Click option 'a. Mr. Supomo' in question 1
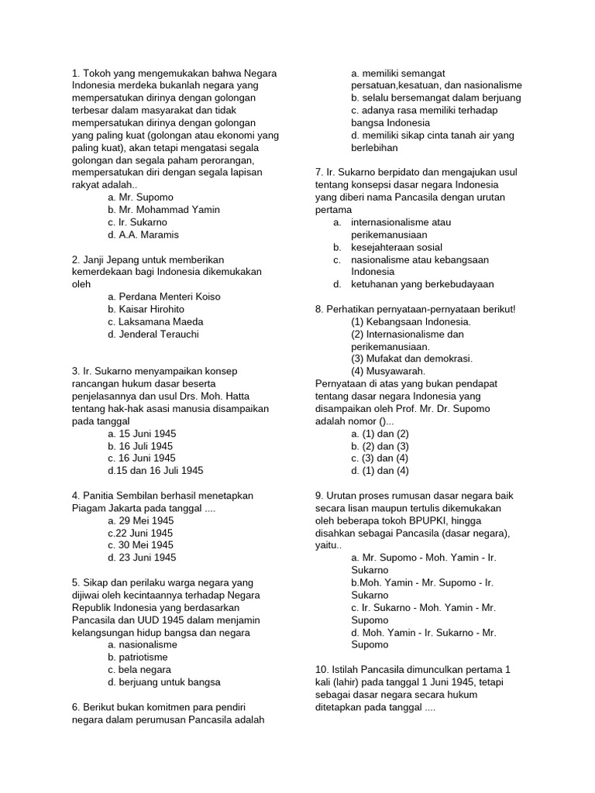[x=141, y=197]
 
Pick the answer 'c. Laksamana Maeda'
[x=156, y=321]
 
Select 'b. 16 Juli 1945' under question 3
[x=140, y=446]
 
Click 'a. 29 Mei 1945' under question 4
[x=141, y=520]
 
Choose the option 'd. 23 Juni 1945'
[x=142, y=558]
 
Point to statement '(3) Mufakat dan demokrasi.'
[x=411, y=359]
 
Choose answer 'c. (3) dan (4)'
[x=380, y=458]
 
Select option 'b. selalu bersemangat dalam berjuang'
[x=435, y=98]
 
